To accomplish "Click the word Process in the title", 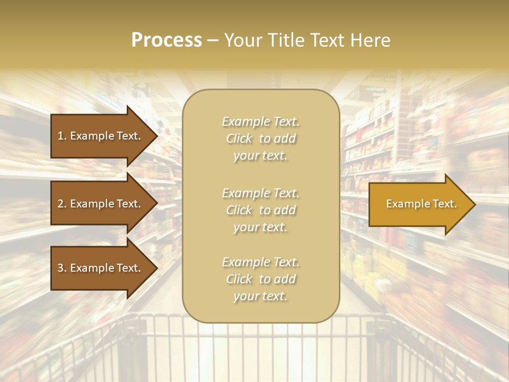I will (x=166, y=40).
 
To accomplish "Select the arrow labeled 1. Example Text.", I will (x=99, y=136).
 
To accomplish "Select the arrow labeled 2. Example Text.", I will (x=99, y=204).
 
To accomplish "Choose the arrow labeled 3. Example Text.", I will (x=99, y=268).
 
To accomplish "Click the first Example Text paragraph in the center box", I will (x=260, y=138).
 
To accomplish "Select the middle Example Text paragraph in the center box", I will (x=260, y=210).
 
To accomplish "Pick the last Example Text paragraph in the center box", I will (x=260, y=279).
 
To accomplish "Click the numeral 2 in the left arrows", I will (x=60, y=204).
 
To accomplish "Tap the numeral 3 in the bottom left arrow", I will (x=60, y=268).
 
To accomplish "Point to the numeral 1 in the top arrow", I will (x=60, y=136).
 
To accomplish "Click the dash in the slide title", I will (x=213, y=40).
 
